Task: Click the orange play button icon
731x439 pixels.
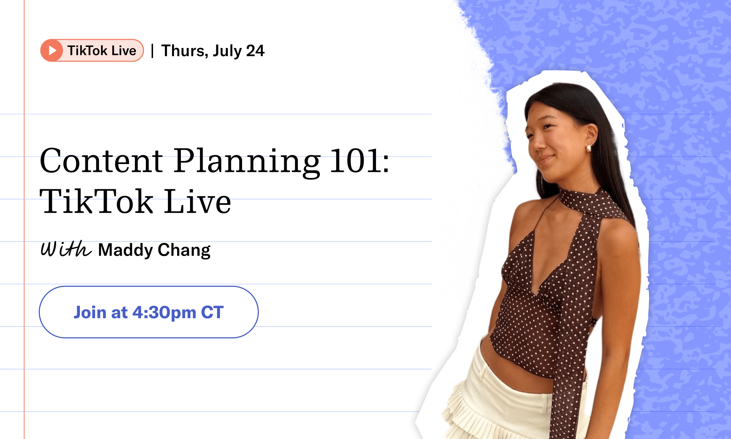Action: click(x=52, y=50)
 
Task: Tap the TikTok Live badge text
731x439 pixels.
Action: click(x=102, y=51)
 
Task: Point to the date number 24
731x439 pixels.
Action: click(x=255, y=51)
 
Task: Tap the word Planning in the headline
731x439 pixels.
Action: click(x=247, y=162)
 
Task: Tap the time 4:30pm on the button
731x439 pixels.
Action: click(x=164, y=313)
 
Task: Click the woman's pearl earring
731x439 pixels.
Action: click(x=588, y=148)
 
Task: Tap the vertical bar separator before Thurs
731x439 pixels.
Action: click(x=152, y=51)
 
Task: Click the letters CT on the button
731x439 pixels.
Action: click(x=212, y=312)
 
